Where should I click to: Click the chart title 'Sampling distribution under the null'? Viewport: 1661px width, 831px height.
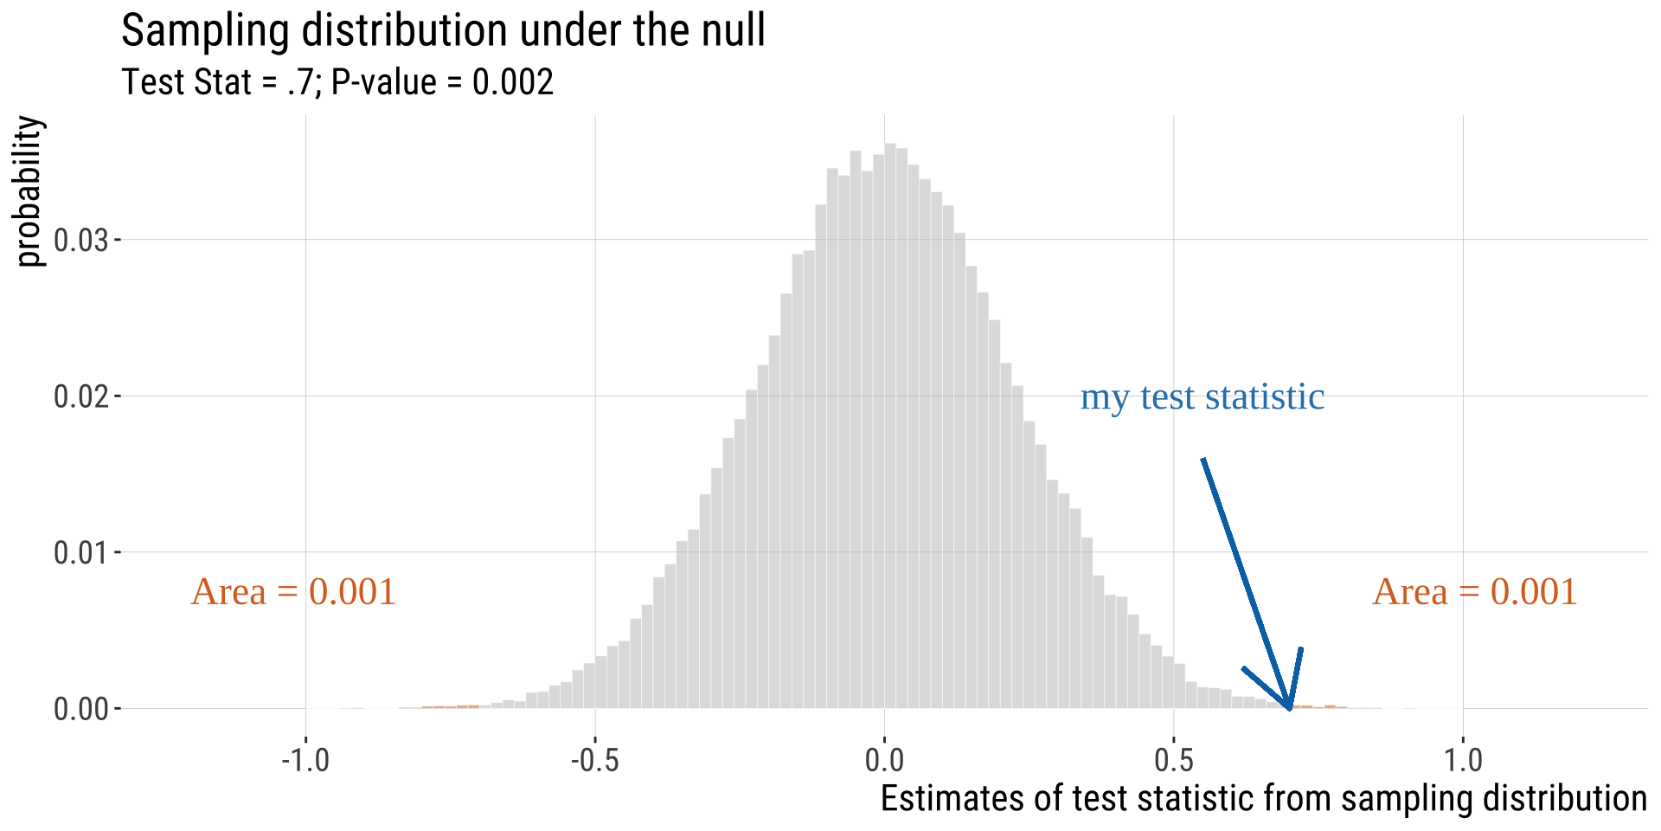coord(443,31)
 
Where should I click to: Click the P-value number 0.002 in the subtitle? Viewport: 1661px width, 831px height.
coord(512,83)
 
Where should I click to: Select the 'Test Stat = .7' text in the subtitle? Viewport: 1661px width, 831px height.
coord(216,83)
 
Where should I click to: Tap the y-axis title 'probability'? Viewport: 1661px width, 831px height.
coord(29,191)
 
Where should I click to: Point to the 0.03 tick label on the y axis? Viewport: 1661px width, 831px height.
coord(81,240)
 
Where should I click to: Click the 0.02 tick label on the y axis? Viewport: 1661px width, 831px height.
coord(81,396)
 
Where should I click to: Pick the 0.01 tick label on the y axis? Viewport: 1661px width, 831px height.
coord(81,552)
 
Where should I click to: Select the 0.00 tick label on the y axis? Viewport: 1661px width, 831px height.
coord(81,709)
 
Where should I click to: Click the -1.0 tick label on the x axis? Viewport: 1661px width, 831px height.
coord(305,760)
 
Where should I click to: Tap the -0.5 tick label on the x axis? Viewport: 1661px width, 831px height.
coord(595,760)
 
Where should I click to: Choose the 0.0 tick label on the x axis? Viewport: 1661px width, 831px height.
coord(884,760)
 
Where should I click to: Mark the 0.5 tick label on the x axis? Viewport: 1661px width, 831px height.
coord(1174,760)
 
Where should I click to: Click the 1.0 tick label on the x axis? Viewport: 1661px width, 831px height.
coord(1463,760)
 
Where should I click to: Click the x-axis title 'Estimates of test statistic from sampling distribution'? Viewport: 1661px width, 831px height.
coord(1263,799)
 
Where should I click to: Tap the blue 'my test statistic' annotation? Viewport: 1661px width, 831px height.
coord(1202,397)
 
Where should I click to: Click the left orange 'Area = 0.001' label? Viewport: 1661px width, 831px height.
coord(293,592)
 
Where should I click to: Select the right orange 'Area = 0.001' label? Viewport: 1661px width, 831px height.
coord(1475,592)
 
